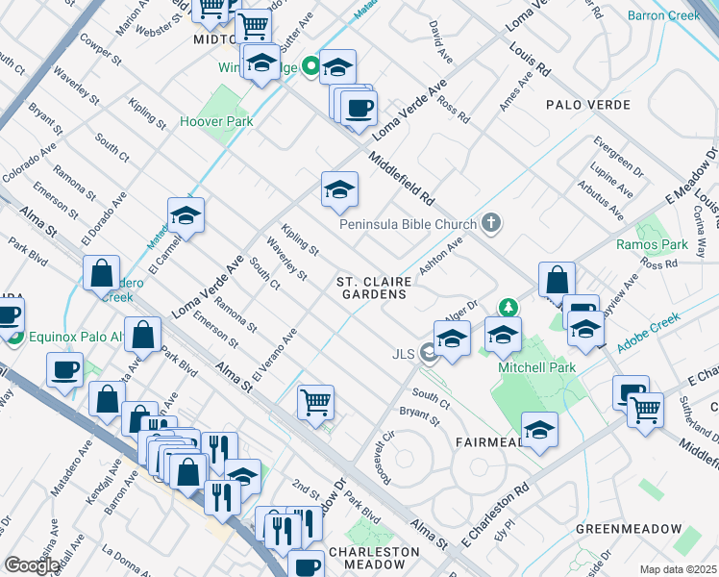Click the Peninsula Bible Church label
pos(408,225)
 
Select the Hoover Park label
pos(217,122)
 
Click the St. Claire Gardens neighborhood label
pos(375,288)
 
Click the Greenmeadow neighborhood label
pos(629,529)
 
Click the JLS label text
pos(403,354)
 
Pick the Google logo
pos(32,565)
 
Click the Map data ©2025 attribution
pos(677,569)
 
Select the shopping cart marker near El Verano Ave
pos(315,402)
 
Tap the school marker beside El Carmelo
pos(186,216)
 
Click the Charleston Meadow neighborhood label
pos(374,559)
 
